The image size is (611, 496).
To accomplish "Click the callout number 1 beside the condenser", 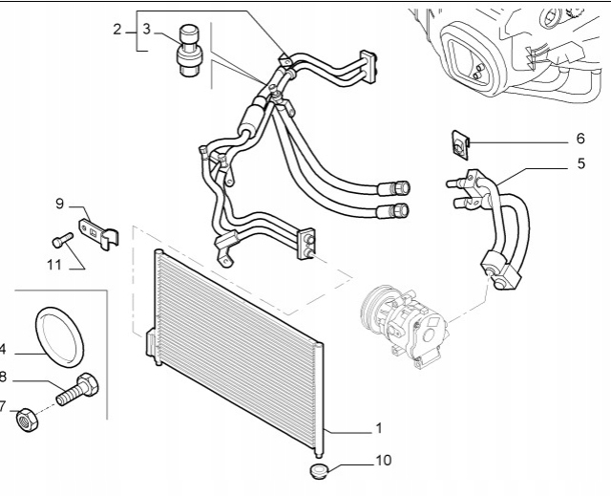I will coord(379,426).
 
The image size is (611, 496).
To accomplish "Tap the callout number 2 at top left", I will coord(117,30).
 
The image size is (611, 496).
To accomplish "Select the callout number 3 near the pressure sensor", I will coord(146,30).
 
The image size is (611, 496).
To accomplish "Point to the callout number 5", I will coord(580,163).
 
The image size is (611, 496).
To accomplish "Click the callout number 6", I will coord(580,139).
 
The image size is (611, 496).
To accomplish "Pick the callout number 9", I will coord(59,203).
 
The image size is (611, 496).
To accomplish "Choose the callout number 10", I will coord(383,461).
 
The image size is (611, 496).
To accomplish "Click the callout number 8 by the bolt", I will coord(4,377).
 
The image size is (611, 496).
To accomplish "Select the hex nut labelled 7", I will coord(28,419).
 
